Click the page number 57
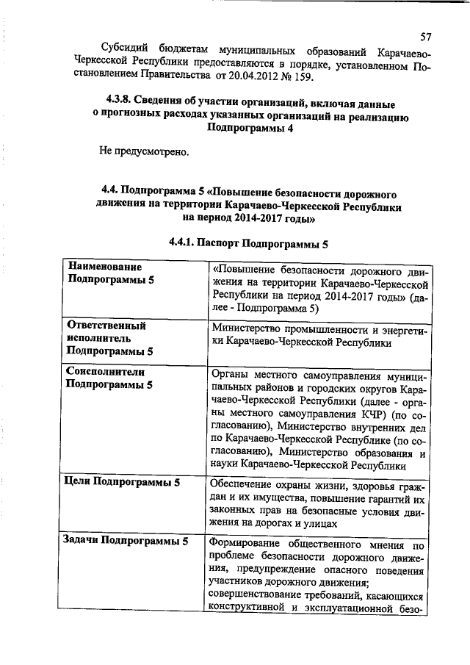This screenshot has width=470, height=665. (426, 37)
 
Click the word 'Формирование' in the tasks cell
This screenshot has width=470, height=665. (245, 544)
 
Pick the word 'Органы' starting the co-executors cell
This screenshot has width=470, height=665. (228, 375)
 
